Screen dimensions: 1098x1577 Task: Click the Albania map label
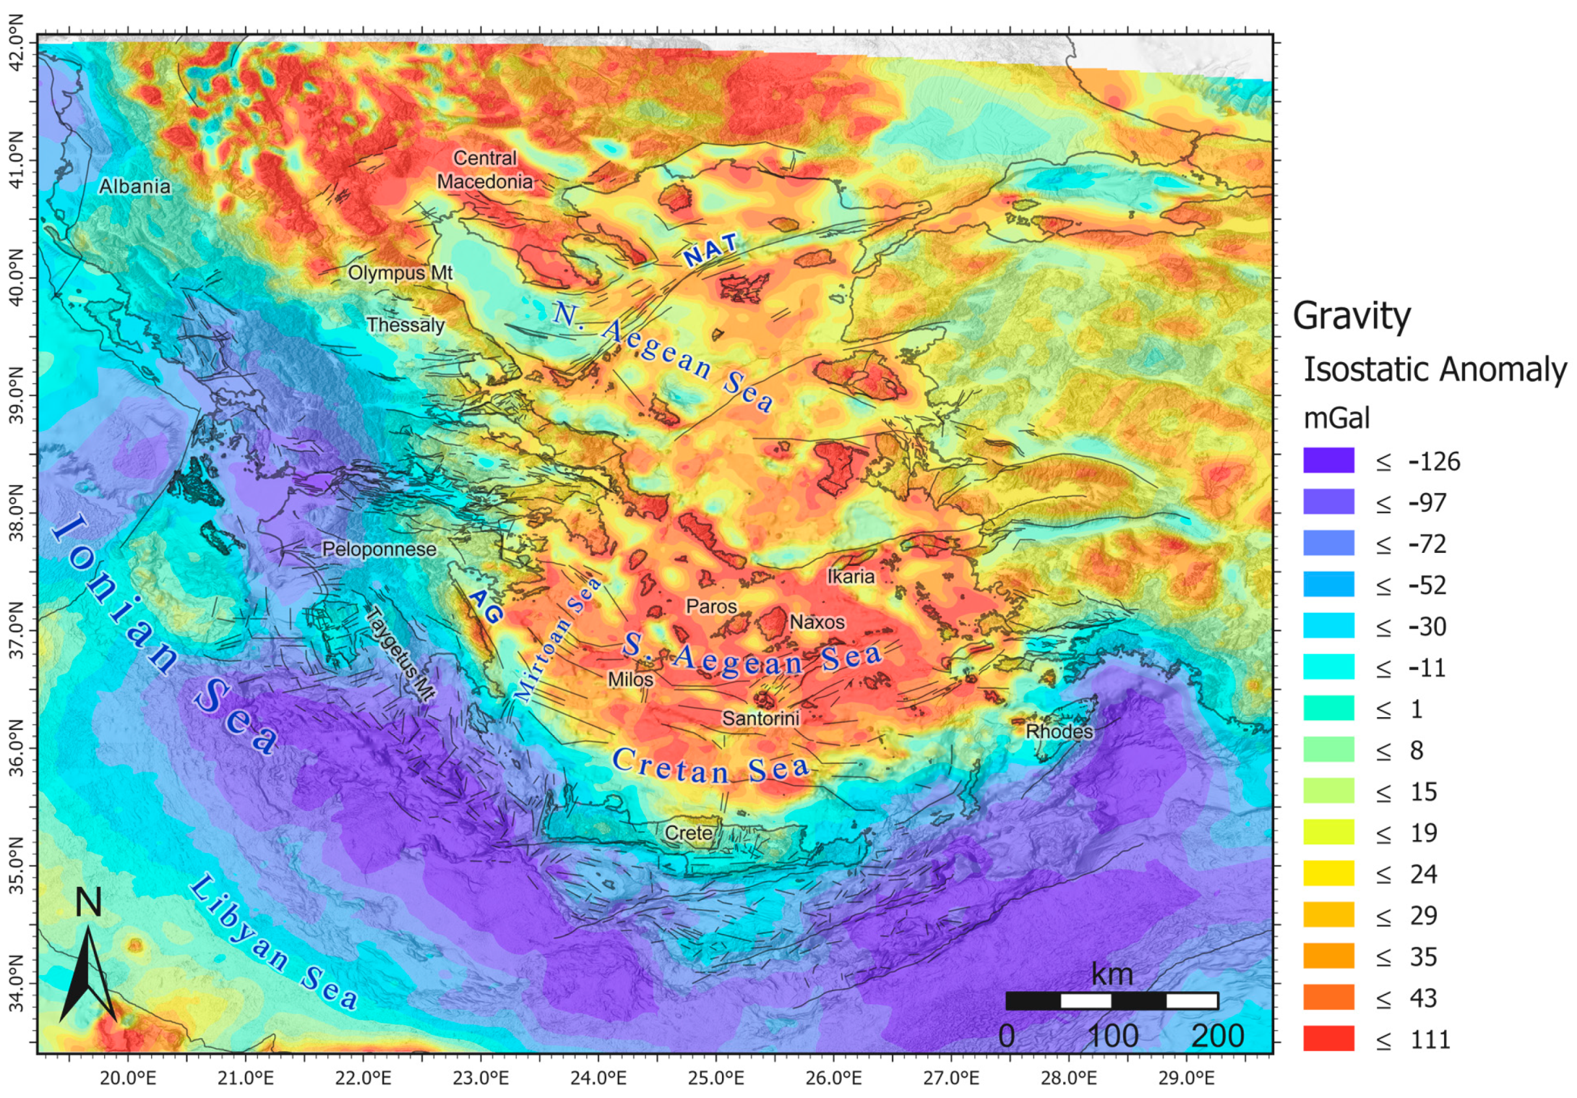click(x=135, y=186)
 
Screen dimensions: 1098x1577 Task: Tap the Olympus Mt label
click(x=400, y=273)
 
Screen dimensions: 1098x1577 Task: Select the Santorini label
click(x=761, y=718)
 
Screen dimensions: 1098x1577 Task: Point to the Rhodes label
click(x=1059, y=731)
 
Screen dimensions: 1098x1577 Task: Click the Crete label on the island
click(x=688, y=833)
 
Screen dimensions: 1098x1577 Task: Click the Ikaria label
click(x=851, y=576)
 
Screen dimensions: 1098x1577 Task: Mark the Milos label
click(x=630, y=679)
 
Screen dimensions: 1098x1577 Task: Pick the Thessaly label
click(x=405, y=325)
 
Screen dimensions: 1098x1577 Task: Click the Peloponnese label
click(x=379, y=549)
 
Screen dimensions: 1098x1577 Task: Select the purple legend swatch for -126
click(x=1328, y=460)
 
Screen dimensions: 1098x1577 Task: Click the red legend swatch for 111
click(x=1328, y=1038)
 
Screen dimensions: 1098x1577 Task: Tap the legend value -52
click(x=1427, y=585)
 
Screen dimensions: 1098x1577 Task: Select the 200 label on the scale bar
click(x=1218, y=1035)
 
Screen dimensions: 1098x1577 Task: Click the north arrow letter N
click(x=88, y=902)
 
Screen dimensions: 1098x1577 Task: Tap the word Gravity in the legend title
click(x=1351, y=316)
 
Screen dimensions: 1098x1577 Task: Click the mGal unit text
click(x=1336, y=417)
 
